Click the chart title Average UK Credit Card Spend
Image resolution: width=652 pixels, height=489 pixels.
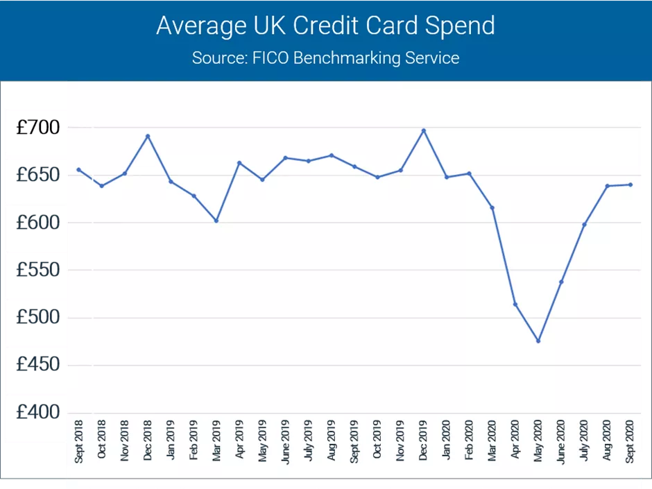point(325,26)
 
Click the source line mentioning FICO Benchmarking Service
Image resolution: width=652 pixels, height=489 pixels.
point(325,58)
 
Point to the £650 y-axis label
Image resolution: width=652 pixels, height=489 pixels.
point(38,175)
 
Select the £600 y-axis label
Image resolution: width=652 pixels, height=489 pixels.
point(38,223)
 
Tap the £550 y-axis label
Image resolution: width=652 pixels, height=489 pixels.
point(38,270)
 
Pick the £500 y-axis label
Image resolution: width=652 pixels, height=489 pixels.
point(38,318)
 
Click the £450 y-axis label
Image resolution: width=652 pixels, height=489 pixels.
point(38,365)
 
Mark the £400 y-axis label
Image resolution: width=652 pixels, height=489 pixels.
point(38,413)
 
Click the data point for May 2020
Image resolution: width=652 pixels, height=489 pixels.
point(538,341)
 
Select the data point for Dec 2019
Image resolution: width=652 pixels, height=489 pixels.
point(423,130)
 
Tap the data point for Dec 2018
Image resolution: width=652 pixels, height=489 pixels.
point(148,136)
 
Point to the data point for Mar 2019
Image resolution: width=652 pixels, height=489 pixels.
point(216,221)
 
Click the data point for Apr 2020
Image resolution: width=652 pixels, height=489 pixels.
point(515,304)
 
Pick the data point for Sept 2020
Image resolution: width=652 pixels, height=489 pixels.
point(630,185)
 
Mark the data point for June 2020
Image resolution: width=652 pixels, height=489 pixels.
point(561,282)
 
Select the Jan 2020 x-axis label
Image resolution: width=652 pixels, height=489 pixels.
point(446,442)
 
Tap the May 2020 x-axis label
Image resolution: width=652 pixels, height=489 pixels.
point(538,441)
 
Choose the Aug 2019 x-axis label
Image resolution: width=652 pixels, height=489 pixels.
point(332,441)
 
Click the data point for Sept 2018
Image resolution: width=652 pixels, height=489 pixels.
point(78,169)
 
